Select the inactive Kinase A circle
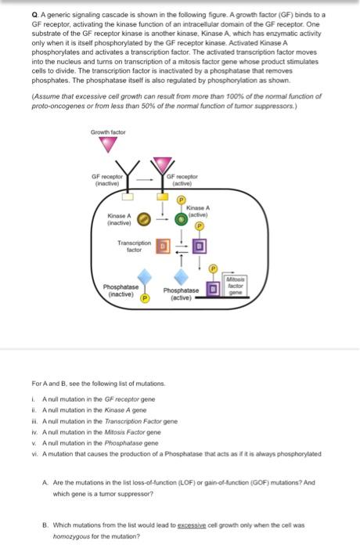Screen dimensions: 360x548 (144, 218)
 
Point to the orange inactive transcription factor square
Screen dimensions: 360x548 (164, 247)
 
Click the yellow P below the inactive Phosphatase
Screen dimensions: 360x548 (145, 297)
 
